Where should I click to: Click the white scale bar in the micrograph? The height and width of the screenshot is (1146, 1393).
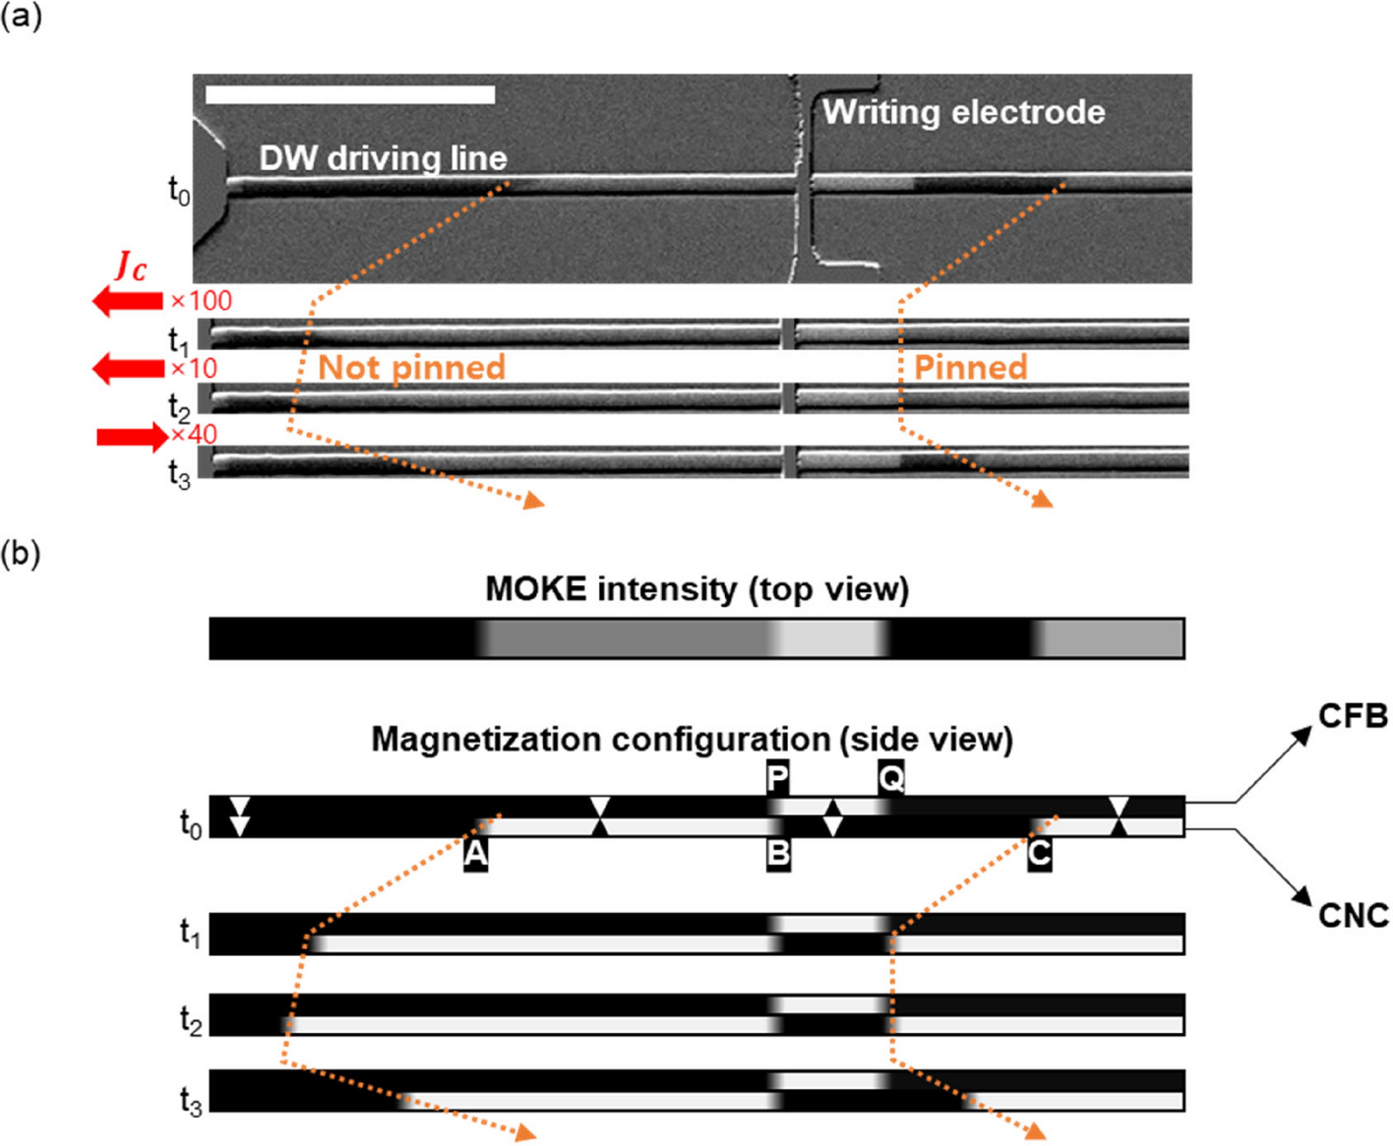[350, 94]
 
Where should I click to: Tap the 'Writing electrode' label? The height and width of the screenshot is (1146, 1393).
[963, 112]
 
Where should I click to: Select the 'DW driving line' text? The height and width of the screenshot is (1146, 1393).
[383, 158]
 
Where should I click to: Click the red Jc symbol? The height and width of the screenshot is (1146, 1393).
[131, 266]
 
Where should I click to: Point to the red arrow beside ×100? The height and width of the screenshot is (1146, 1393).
[127, 301]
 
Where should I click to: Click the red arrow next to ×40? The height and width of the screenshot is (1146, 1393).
[132, 436]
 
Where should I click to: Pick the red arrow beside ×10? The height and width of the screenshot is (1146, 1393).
[128, 369]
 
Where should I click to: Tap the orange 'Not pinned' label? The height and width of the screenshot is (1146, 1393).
[411, 368]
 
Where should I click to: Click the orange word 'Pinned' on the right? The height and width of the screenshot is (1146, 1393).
[970, 368]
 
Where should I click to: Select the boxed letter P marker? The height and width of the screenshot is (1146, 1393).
[777, 778]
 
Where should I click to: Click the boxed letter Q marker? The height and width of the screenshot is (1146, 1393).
[890, 778]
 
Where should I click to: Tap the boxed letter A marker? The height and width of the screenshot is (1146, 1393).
[475, 854]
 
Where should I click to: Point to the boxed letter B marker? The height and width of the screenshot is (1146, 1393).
[778, 854]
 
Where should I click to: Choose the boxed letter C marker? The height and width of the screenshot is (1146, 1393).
[1039, 854]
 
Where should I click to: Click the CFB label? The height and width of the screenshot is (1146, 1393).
[1353, 716]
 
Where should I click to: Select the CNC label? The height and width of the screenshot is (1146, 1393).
[1353, 916]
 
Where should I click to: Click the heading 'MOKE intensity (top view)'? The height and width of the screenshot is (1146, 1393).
[696, 589]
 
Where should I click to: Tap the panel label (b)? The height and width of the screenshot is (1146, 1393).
[21, 554]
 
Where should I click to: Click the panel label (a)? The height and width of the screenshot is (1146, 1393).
[21, 17]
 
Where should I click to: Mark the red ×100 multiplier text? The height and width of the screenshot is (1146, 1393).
[202, 301]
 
